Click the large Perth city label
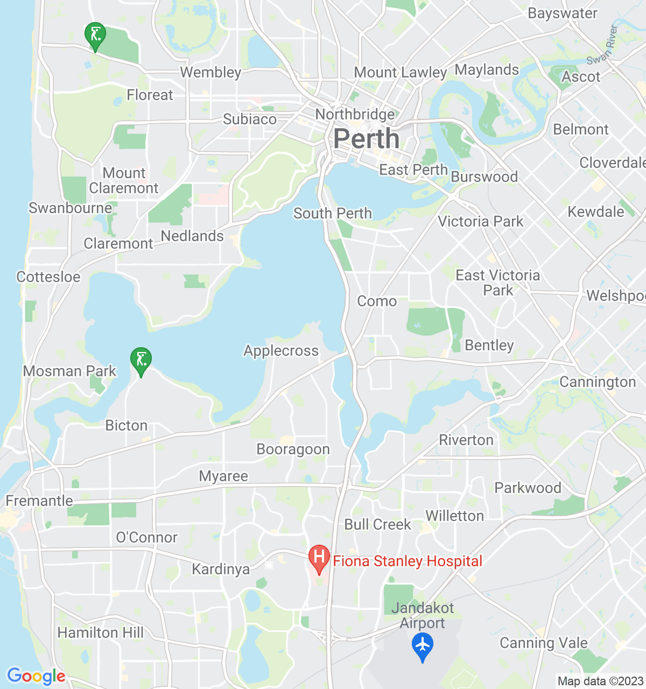(x=367, y=139)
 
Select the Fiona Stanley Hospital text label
(x=408, y=561)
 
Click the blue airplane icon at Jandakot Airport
(x=423, y=645)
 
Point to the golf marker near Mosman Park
(x=141, y=361)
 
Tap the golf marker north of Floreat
(x=95, y=36)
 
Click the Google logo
(x=36, y=676)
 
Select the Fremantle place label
(x=39, y=501)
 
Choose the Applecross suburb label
(x=281, y=351)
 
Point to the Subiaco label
(x=250, y=119)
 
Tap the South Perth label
(x=332, y=213)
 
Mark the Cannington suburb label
(x=598, y=382)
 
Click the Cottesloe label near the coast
(x=48, y=277)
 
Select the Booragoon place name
(x=293, y=449)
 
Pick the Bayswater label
(x=563, y=13)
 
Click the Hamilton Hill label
(x=101, y=632)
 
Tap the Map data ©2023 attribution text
(x=600, y=681)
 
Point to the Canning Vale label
(x=544, y=643)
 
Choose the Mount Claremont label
(x=124, y=180)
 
